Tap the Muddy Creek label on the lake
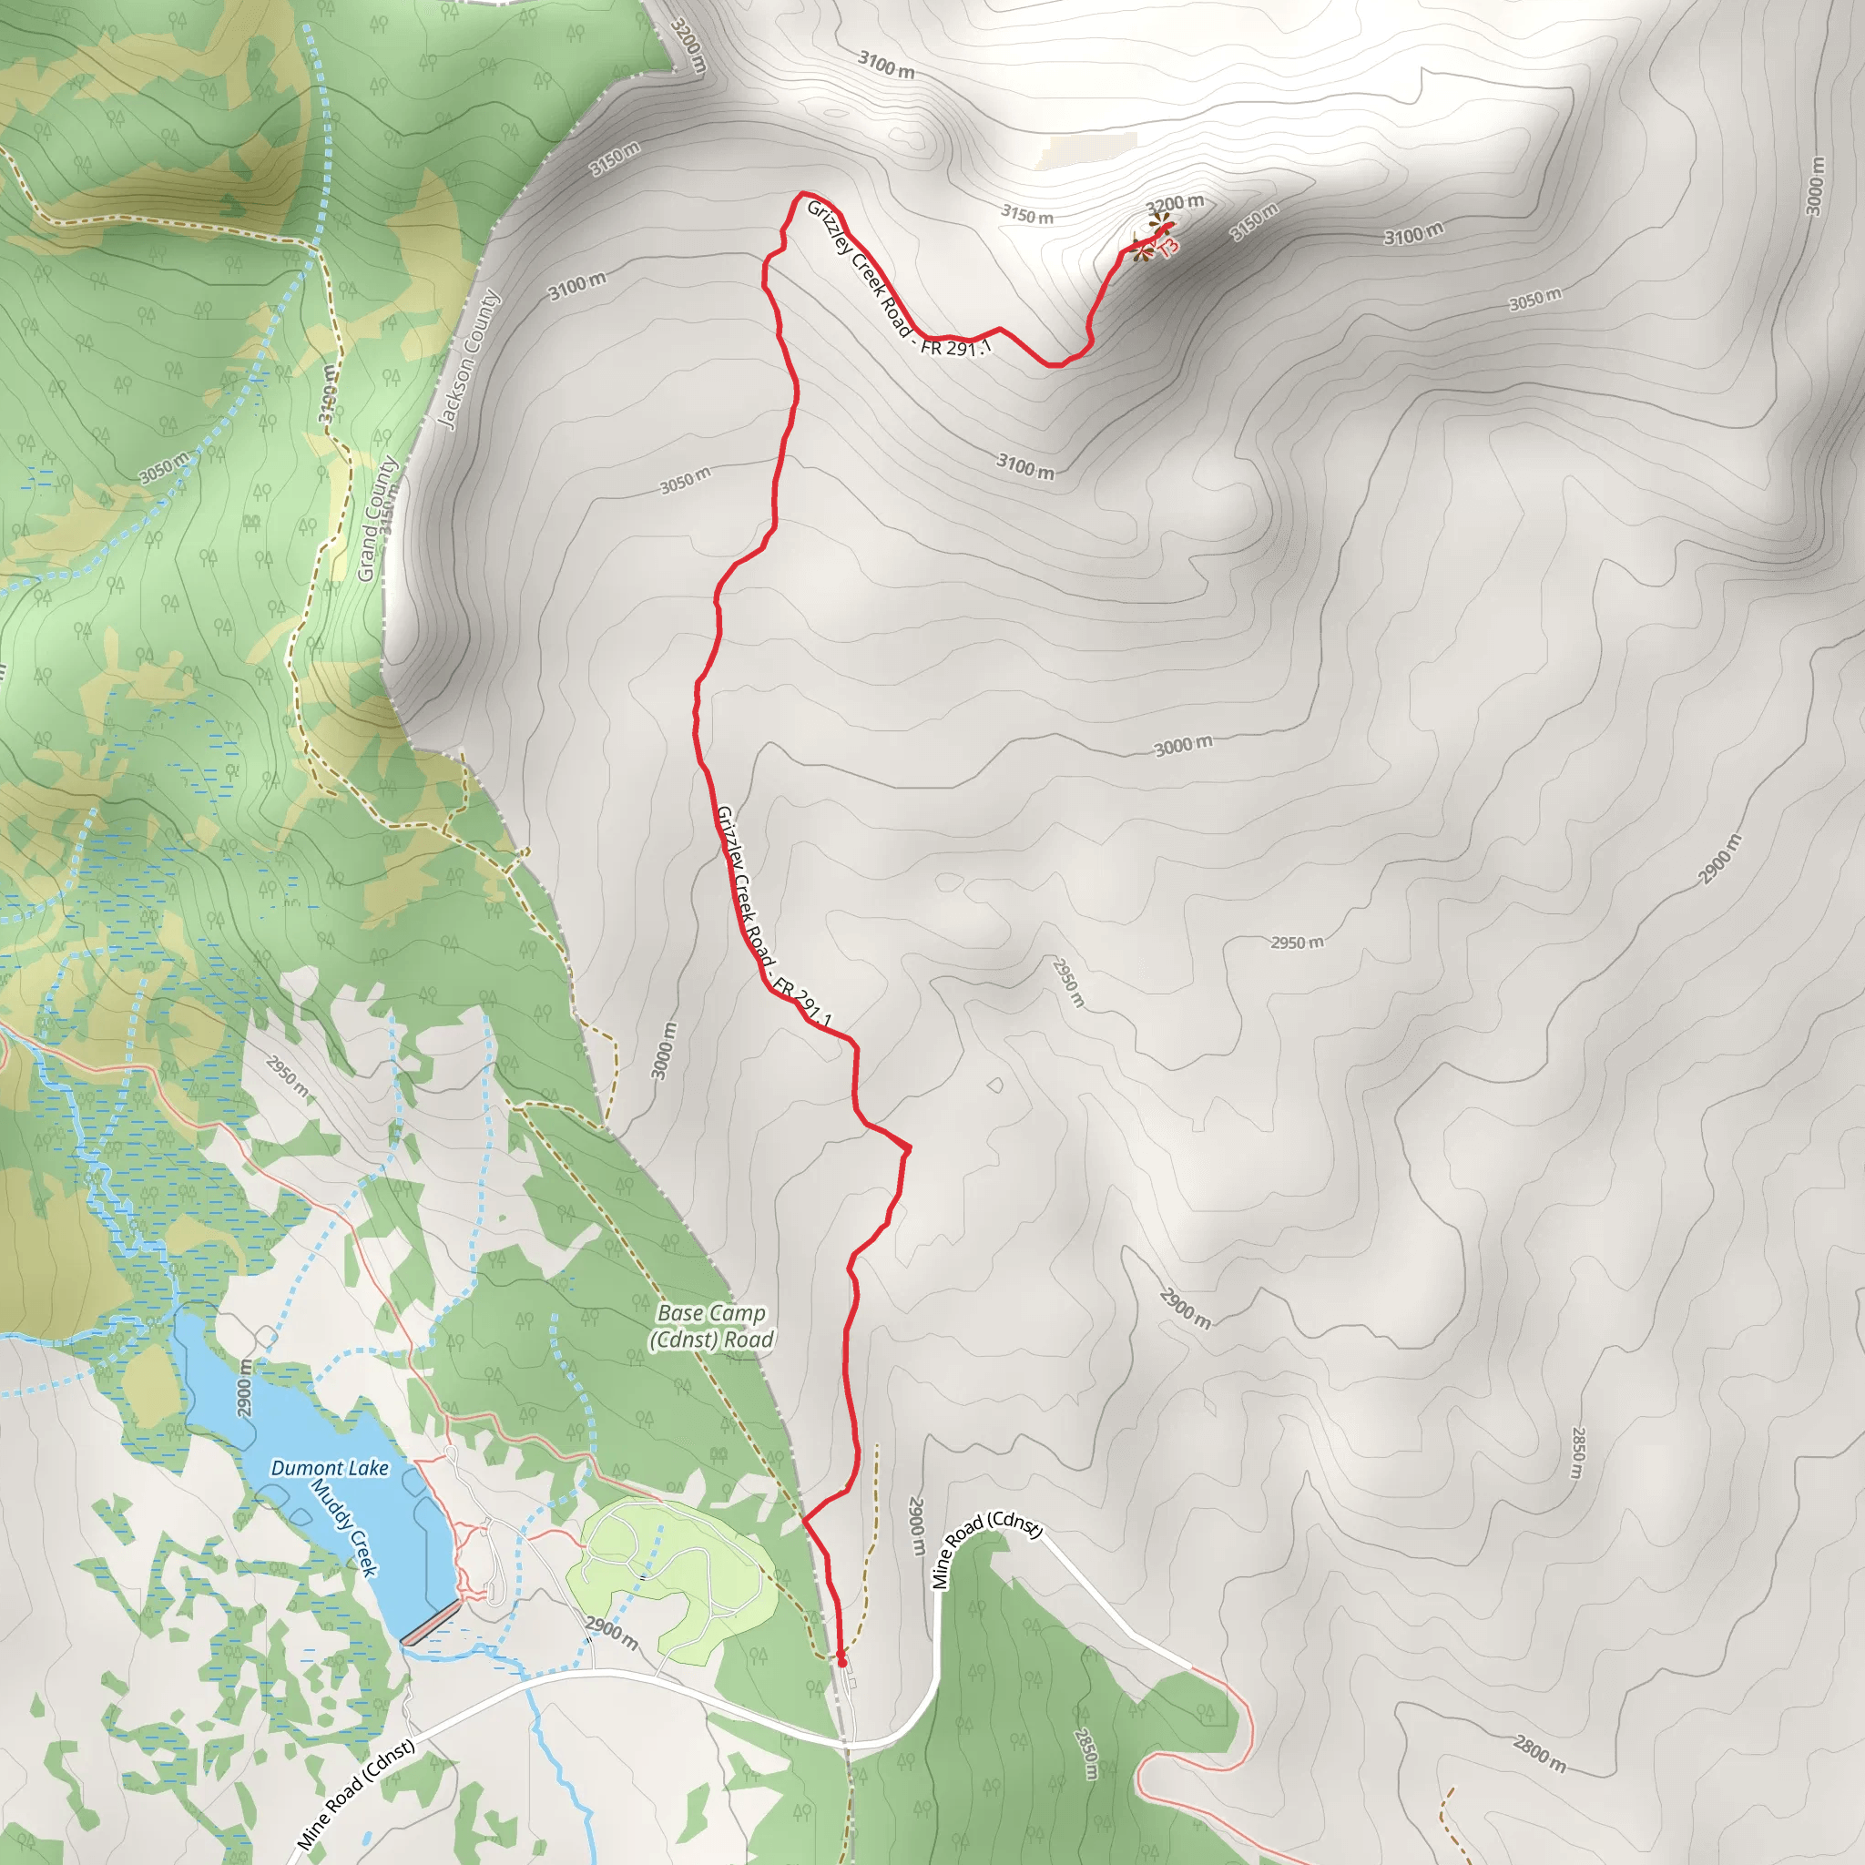click(343, 1526)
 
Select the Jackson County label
click(469, 358)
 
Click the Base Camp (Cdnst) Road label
click(711, 1326)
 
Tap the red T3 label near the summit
click(1168, 247)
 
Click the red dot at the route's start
click(841, 1662)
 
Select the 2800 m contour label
click(1539, 1753)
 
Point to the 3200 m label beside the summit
click(1175, 204)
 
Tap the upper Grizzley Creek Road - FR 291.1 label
click(898, 280)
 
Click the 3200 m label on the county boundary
click(689, 46)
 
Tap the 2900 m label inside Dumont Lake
click(245, 1387)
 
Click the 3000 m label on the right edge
click(1815, 186)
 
